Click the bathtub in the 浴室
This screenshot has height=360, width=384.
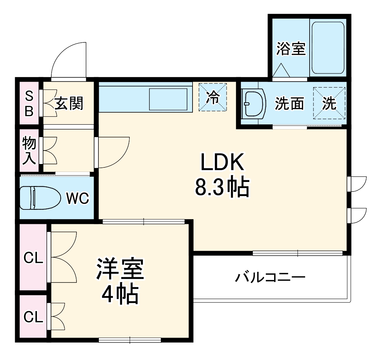coord(328,48)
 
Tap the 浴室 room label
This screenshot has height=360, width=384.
coord(291,49)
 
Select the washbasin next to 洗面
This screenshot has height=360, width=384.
coord(254,103)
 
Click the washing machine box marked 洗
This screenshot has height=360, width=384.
coord(329,103)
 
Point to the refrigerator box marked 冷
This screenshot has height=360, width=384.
coord(213,97)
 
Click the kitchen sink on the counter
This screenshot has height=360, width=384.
coord(168,99)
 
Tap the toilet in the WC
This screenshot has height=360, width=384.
coord(38,198)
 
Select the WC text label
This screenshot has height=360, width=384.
coord(77,198)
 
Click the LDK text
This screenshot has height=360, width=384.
coord(222,163)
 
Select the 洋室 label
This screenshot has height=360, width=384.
coord(120,269)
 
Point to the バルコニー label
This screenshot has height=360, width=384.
coord(270,277)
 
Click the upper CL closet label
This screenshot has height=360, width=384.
coord(33,258)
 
